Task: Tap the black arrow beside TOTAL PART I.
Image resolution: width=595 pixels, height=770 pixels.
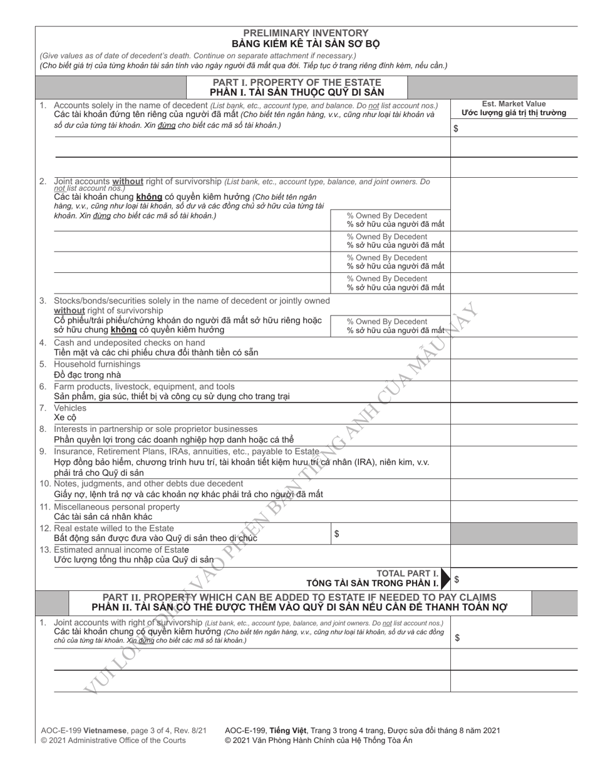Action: pyautogui.click(x=445, y=579)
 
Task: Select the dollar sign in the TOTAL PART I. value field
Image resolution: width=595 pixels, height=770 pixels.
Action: pyautogui.click(x=457, y=580)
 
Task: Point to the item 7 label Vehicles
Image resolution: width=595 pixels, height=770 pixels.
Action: pyautogui.click(x=70, y=408)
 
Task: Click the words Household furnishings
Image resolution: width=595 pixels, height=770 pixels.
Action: pyautogui.click(x=97, y=364)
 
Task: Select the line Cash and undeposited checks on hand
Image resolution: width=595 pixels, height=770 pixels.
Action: pyautogui.click(x=129, y=342)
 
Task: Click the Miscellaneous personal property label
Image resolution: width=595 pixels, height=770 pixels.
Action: pyautogui.click(x=116, y=506)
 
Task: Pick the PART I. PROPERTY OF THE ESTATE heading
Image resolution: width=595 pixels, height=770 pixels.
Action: pyautogui.click(x=297, y=83)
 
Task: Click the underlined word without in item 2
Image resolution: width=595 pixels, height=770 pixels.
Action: pyautogui.click(x=128, y=182)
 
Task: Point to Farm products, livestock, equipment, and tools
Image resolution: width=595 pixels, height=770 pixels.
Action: pyautogui.click(x=144, y=386)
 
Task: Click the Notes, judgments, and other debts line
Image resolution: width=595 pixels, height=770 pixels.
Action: pyautogui.click(x=148, y=483)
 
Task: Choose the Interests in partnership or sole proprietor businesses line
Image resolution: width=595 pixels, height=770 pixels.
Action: pyautogui.click(x=155, y=429)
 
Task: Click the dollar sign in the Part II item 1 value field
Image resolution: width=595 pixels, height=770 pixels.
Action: pyautogui.click(x=457, y=638)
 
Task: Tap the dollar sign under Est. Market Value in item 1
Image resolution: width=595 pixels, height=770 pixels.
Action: pyautogui.click(x=455, y=128)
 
